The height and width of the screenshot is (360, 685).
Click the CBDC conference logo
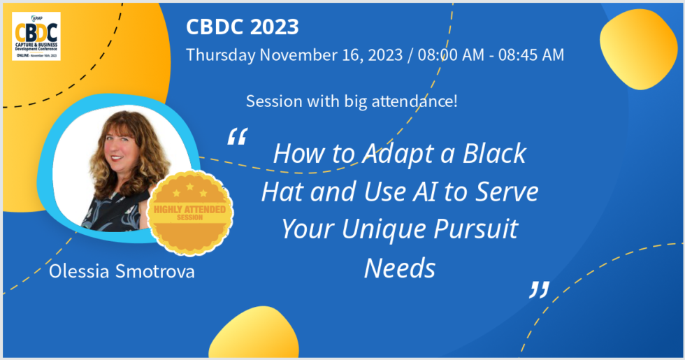click(x=36, y=36)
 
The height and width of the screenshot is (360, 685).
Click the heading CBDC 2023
click(x=242, y=27)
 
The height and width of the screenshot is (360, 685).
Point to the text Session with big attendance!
click(x=352, y=101)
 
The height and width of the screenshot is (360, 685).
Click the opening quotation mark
click(x=237, y=136)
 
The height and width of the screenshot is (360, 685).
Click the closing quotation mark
click(x=538, y=289)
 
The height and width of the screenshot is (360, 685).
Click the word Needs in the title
click(x=399, y=268)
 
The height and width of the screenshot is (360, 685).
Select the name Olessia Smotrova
click(x=122, y=271)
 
